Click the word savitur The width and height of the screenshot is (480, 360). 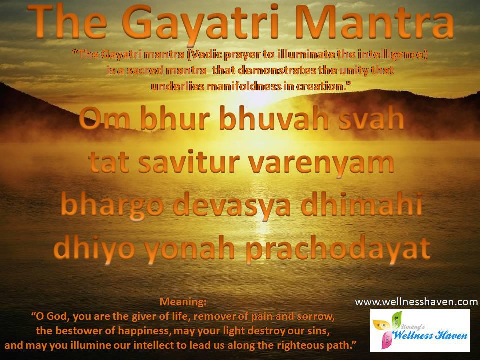pos(189,161)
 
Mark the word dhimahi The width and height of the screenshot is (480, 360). pos(362,204)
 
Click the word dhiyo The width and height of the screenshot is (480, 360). pos(94,249)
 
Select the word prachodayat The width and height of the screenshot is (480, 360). pos(338,249)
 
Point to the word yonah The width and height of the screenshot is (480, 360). pos(190,249)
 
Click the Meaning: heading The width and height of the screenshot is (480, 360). pos(183,302)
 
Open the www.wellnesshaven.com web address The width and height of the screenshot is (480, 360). pos(416,302)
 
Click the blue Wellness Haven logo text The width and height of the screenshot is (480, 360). pos(430,335)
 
